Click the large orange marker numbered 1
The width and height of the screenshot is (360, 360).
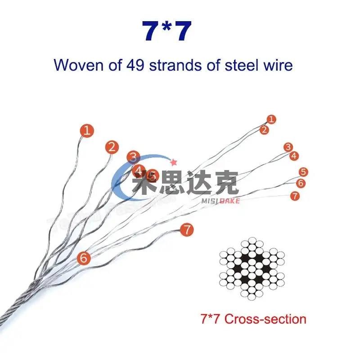87,131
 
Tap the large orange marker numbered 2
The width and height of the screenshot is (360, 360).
112,147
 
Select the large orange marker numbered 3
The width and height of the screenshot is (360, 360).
133,157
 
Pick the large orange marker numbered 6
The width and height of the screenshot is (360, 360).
84,258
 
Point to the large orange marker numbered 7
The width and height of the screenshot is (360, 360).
187,229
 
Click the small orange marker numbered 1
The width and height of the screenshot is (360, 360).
271,119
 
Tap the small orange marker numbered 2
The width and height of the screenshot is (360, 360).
265,130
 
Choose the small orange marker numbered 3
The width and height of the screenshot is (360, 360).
288,147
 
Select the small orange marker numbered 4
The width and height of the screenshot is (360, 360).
294,156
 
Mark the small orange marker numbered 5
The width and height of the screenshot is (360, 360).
304,172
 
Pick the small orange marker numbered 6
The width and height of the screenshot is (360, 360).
301,183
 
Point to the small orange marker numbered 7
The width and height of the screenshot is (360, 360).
295,196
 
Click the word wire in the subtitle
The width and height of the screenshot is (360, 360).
278,65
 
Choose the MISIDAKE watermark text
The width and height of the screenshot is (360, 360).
220,201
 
